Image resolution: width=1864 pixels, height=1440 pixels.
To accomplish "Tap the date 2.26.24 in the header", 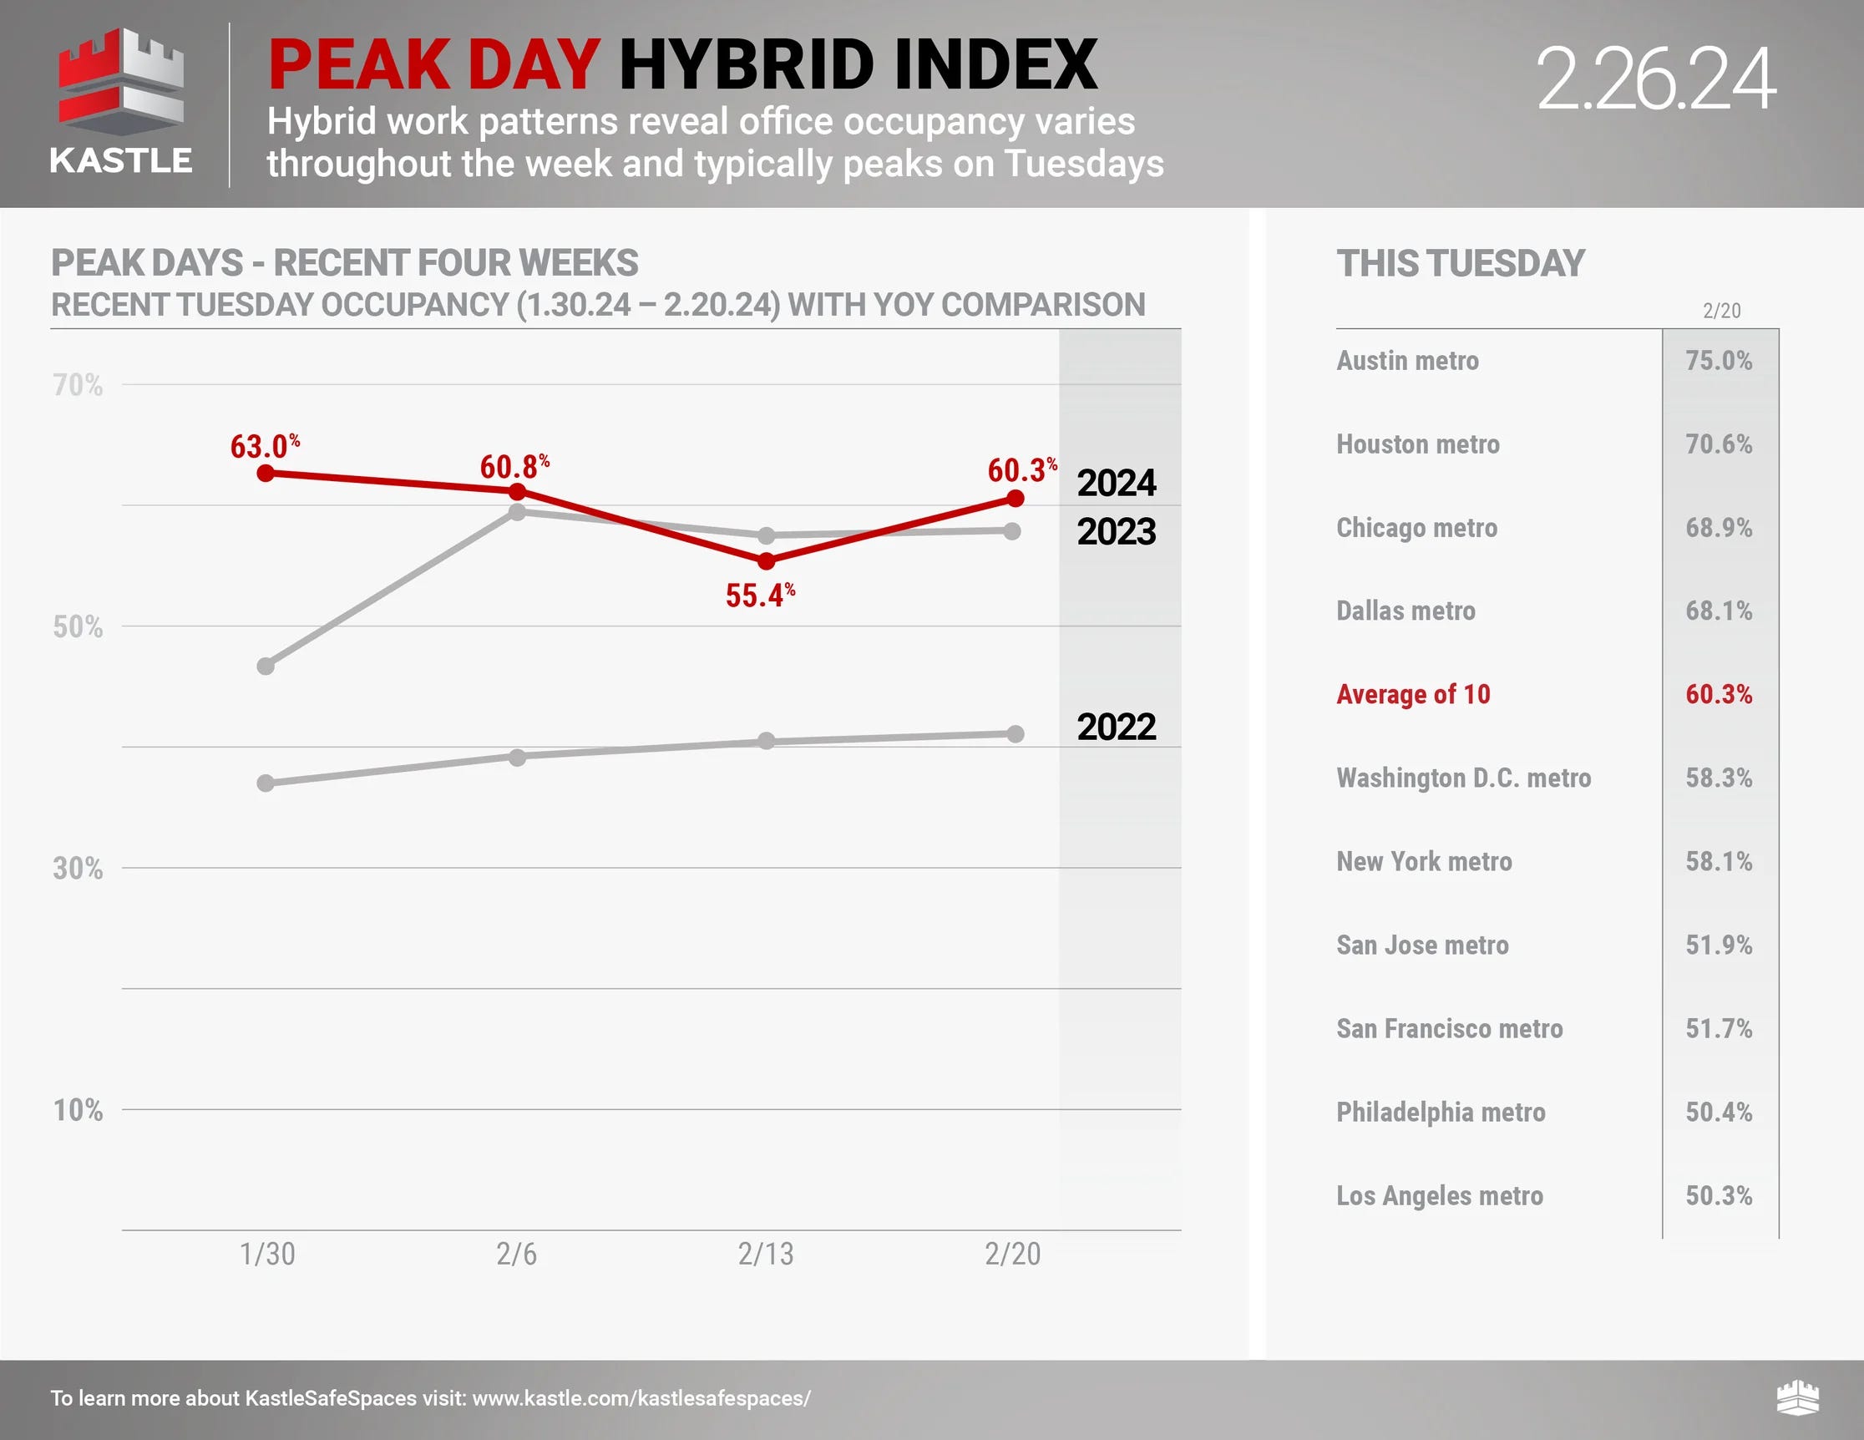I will point(1655,79).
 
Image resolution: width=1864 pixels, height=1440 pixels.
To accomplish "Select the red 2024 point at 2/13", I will point(767,560).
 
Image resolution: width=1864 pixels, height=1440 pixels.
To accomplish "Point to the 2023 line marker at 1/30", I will point(266,666).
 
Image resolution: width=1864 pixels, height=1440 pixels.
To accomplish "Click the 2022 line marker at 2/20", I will point(1015,734).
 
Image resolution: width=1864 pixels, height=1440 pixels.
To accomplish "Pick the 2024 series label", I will point(1116,483).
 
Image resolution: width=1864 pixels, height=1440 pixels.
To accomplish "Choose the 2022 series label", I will point(1116,728).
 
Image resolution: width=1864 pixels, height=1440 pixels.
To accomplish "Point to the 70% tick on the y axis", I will point(78,385).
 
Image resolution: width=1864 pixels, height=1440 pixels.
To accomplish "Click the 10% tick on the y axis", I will point(78,1110).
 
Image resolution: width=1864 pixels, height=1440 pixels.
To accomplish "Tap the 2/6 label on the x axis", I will point(516,1254).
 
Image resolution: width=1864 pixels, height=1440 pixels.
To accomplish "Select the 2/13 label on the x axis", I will point(766,1254).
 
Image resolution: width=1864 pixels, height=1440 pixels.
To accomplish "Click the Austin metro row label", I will point(1406,361).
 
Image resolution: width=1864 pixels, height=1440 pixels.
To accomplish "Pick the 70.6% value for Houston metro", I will point(1718,444).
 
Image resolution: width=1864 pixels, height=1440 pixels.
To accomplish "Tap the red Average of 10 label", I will point(1412,695).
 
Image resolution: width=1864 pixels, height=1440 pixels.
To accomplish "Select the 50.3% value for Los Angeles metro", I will point(1718,1195).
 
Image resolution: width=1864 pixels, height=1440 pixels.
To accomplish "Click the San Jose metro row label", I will point(1422,945).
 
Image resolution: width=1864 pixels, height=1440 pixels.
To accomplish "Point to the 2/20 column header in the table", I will point(1721,311).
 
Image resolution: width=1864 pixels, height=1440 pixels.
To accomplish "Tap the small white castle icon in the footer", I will point(1797,1397).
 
